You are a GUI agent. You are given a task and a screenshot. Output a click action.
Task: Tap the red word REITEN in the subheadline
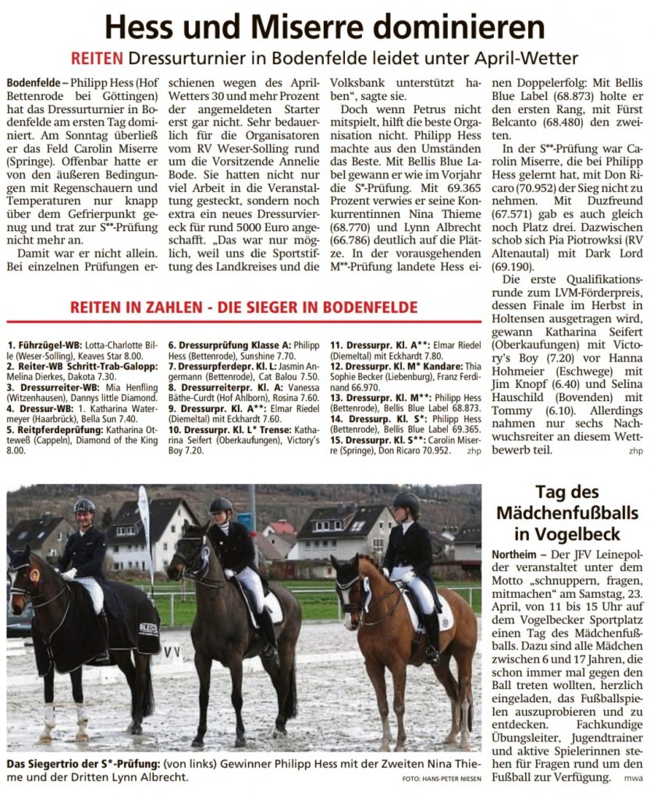97,59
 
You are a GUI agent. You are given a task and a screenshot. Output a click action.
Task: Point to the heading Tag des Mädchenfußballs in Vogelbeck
567,513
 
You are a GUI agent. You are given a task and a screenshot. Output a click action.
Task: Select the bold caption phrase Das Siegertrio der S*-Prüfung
77,763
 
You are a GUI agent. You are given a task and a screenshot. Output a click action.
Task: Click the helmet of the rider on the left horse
83,506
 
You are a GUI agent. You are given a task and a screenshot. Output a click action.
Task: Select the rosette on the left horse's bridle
34,574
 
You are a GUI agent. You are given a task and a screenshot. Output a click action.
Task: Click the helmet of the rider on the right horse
406,502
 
